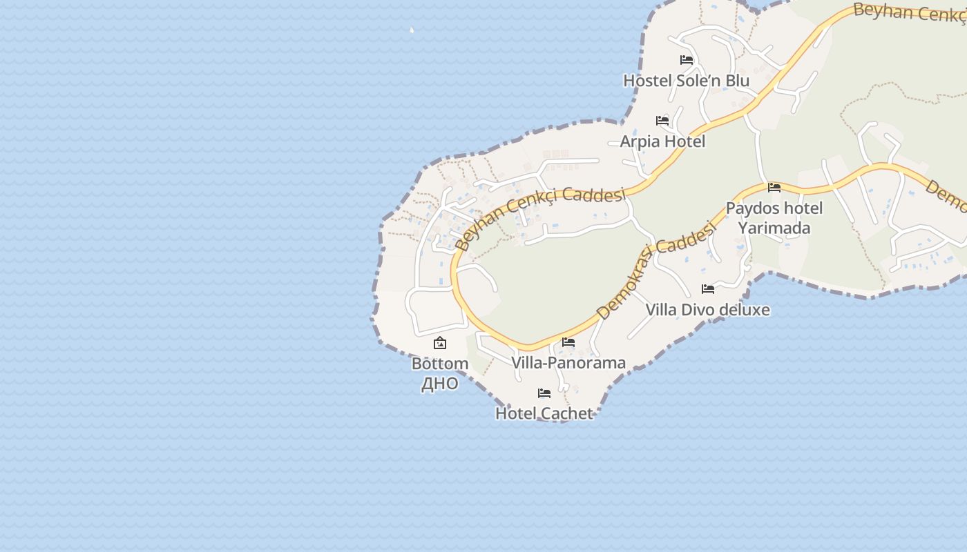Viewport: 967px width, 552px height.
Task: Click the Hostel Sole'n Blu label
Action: click(686, 81)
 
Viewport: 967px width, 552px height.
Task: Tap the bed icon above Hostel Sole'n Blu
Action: click(687, 60)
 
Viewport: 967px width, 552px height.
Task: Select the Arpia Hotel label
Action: click(662, 141)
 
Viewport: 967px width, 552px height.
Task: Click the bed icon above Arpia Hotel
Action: click(662, 121)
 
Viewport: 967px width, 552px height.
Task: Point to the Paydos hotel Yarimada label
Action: click(774, 217)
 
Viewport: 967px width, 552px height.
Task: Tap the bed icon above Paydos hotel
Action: click(774, 187)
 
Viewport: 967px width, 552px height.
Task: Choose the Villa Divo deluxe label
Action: click(707, 310)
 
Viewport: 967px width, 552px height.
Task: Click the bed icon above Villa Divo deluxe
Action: click(708, 289)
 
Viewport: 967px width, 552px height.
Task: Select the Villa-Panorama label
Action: click(568, 363)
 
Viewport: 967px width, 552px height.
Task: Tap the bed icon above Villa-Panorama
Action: click(568, 342)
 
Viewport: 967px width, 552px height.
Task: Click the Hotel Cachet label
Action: click(544, 413)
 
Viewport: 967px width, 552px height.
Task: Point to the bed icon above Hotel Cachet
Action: click(544, 393)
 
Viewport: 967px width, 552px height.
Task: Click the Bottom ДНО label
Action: click(440, 373)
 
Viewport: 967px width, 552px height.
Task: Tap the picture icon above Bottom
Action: click(440, 343)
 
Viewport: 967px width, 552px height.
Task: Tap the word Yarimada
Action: click(774, 228)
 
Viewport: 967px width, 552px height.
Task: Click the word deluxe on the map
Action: click(743, 310)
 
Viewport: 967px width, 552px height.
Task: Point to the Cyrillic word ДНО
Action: click(440, 384)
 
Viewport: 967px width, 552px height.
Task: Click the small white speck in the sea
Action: click(412, 30)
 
